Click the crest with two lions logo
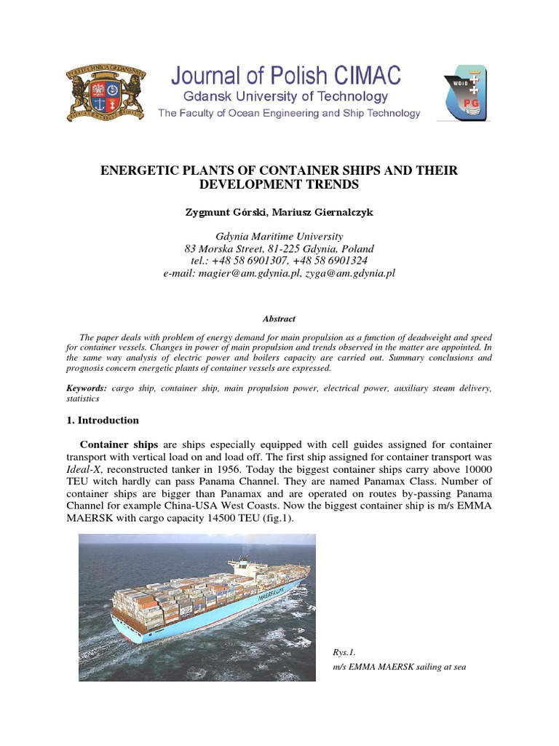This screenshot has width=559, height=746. click(106, 93)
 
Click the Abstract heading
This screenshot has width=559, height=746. click(279, 319)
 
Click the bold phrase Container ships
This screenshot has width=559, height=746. click(114, 444)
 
